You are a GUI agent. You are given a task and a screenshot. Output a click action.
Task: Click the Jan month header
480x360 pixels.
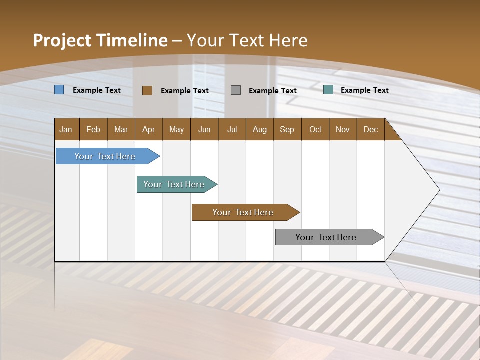pyautogui.click(x=66, y=129)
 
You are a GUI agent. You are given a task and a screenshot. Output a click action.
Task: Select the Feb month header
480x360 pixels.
pyautogui.click(x=93, y=129)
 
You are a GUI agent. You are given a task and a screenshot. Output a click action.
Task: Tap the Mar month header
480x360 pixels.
pyautogui.click(x=121, y=129)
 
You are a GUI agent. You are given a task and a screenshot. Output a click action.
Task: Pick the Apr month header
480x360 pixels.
pyautogui.click(x=149, y=129)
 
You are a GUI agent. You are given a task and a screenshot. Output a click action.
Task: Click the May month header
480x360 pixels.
pyautogui.click(x=176, y=129)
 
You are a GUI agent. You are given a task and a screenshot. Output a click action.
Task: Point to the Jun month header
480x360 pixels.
pyautogui.click(x=204, y=129)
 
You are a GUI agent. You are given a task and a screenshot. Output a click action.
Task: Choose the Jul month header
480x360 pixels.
pyautogui.click(x=232, y=129)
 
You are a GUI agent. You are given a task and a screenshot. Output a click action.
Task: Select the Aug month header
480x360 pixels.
pyautogui.click(x=260, y=129)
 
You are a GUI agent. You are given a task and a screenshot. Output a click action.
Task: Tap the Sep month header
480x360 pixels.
pyautogui.click(x=287, y=129)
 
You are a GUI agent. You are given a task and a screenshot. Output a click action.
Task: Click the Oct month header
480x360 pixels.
pyautogui.click(x=315, y=129)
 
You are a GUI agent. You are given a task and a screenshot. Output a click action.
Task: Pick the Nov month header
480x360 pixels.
pyautogui.click(x=343, y=129)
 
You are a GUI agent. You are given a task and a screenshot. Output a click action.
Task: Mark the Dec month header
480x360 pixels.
pyautogui.click(x=371, y=129)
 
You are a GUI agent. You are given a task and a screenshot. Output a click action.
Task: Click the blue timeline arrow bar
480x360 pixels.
pyautogui.click(x=105, y=156)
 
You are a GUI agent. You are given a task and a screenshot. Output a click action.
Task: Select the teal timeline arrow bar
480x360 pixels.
pyautogui.click(x=174, y=184)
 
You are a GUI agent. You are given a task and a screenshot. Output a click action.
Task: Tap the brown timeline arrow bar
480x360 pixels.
pyautogui.click(x=243, y=212)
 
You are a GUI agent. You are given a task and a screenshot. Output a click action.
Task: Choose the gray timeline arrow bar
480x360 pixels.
pyautogui.click(x=326, y=237)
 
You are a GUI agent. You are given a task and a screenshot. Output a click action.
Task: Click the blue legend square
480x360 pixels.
pyautogui.click(x=59, y=90)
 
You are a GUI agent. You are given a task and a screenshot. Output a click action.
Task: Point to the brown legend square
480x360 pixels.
pyautogui.click(x=147, y=90)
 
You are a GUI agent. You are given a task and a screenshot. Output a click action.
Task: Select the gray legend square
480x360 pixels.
pyautogui.click(x=236, y=90)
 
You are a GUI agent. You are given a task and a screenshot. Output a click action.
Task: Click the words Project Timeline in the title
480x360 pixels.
pyautogui.click(x=100, y=40)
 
